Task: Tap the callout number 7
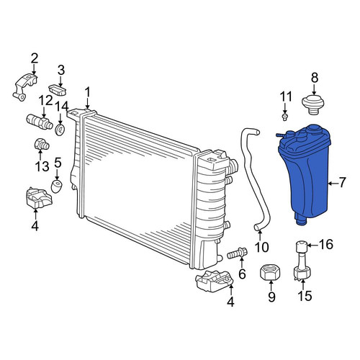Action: tap(342, 183)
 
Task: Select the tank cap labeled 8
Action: tap(313, 105)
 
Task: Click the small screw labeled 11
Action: tap(284, 117)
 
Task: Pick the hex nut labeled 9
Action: tap(271, 271)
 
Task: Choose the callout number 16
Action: tap(326, 245)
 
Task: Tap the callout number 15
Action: tap(305, 296)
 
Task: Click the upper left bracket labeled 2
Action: tap(25, 87)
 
